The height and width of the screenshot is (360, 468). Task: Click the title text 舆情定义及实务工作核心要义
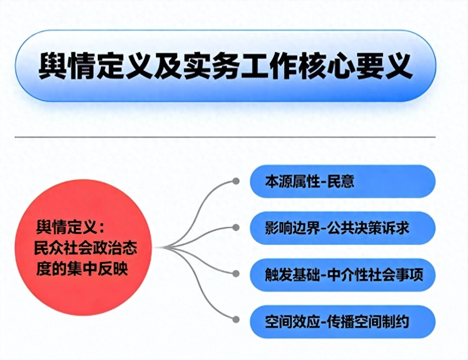(x=226, y=66)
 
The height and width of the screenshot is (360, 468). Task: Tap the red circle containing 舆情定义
(x=83, y=247)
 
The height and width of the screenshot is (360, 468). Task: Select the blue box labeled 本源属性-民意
(x=343, y=181)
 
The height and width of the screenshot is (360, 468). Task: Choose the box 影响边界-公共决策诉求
(x=343, y=228)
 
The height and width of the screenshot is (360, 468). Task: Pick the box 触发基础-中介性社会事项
(x=343, y=275)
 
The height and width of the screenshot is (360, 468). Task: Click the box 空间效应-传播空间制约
(x=343, y=322)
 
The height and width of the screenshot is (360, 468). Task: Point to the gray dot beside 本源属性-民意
(x=236, y=181)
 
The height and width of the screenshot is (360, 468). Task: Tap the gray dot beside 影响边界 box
(x=236, y=228)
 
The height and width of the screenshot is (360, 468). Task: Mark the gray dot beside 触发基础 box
(x=236, y=274)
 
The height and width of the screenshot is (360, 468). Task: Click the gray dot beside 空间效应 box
(x=236, y=320)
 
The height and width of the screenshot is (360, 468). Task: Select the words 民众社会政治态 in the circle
(x=86, y=248)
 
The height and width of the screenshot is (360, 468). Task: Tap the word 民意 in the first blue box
(x=341, y=181)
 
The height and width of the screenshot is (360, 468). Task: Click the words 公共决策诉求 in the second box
(x=368, y=228)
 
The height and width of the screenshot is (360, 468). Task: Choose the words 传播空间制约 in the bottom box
(x=368, y=322)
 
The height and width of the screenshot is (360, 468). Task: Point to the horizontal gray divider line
(x=225, y=137)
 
